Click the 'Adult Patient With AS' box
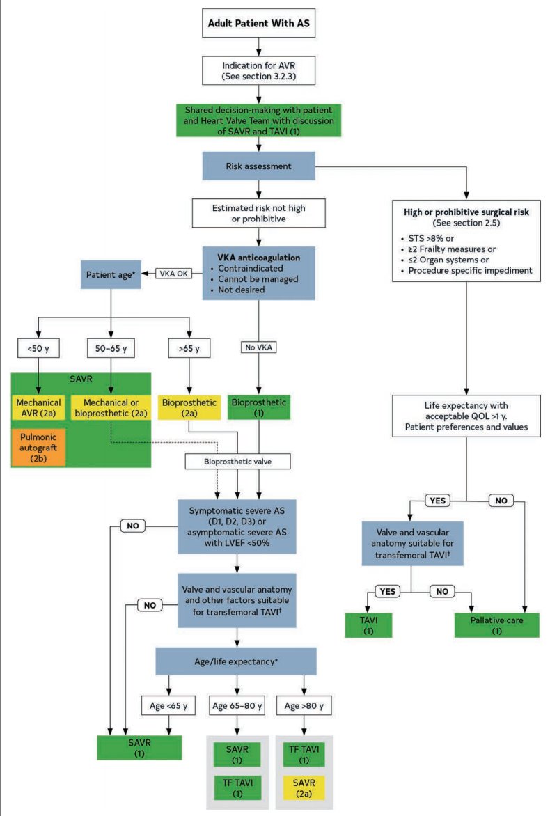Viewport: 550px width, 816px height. click(x=258, y=23)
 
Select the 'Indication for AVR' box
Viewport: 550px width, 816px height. click(x=258, y=71)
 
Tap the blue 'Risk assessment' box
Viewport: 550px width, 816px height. click(x=258, y=166)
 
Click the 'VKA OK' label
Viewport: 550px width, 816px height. click(x=174, y=273)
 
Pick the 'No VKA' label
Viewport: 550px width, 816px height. click(x=258, y=347)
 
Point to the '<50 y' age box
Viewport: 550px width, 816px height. click(x=38, y=348)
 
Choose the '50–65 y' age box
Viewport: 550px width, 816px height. click(x=111, y=348)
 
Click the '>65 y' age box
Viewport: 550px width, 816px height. click(x=189, y=348)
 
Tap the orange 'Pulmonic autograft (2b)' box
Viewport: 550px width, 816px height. click(x=38, y=448)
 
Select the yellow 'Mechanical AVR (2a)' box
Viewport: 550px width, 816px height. click(x=38, y=407)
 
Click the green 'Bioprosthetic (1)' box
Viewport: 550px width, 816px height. click(x=258, y=407)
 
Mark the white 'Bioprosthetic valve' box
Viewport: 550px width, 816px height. click(x=238, y=462)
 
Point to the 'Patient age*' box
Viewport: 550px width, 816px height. click(x=111, y=274)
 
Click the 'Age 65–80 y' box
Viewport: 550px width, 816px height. click(x=237, y=706)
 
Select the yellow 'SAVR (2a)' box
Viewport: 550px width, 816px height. click(x=304, y=788)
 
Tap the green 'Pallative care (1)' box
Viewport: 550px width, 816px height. click(x=497, y=625)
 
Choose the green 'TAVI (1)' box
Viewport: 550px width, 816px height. click(x=368, y=625)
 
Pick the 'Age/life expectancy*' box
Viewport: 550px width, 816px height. click(x=236, y=661)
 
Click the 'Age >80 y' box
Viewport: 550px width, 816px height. click(x=304, y=706)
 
